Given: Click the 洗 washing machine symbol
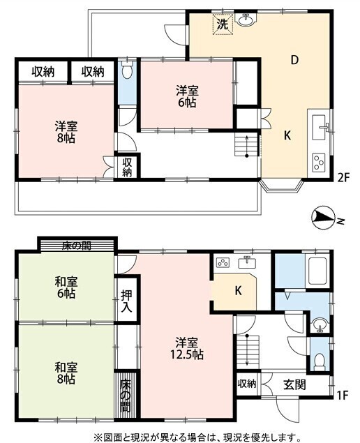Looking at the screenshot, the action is tap(223, 24).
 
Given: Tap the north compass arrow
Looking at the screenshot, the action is tap(323, 218).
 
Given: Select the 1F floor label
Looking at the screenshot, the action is tap(342, 395).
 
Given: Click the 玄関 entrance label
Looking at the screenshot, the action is tap(294, 384).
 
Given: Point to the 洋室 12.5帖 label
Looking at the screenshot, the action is tap(186, 348).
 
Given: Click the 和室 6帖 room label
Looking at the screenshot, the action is tap(66, 287).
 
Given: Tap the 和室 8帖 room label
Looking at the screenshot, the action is tap(66, 373).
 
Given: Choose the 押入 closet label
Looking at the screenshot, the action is tap(126, 301).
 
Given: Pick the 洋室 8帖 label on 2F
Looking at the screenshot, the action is tap(66, 132).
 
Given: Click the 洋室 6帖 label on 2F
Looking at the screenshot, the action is tap(187, 97).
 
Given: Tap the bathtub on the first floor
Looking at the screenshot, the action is tap(317, 271).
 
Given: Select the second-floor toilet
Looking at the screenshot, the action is tap(127, 70).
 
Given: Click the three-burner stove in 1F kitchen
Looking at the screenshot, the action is tap(223, 263).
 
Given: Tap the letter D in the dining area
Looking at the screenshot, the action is tap(294, 59).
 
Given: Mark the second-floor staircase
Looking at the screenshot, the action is tap(247, 145).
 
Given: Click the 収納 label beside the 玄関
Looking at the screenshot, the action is tap(247, 384).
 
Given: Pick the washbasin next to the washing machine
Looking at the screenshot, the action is tap(246, 20).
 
